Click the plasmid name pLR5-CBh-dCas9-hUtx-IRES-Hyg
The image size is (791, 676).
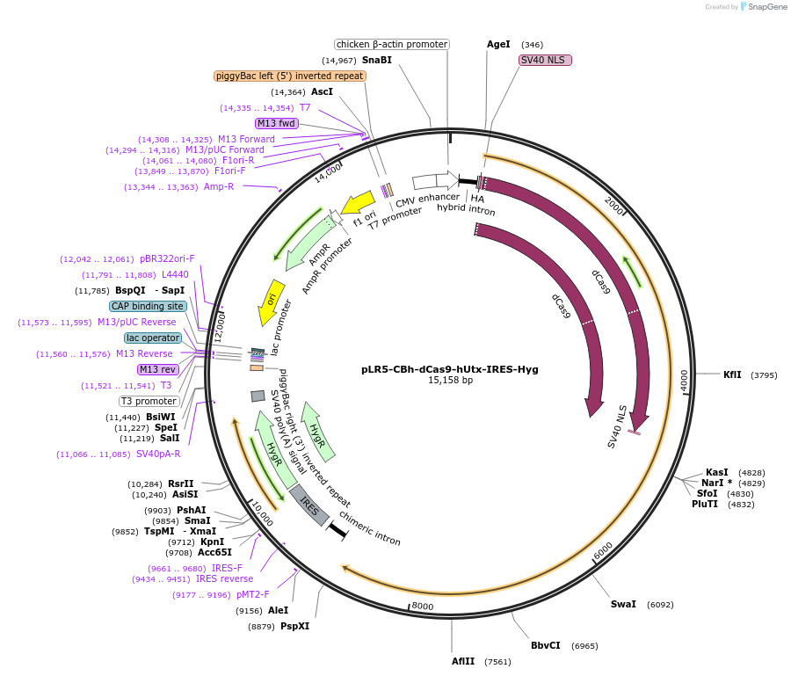450,369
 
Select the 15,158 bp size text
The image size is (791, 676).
450,381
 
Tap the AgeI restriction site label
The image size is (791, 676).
498,44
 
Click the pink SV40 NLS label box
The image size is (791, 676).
545,61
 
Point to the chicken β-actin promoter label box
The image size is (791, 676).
392,44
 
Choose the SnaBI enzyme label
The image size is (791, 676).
377,61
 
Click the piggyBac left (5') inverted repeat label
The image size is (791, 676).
289,76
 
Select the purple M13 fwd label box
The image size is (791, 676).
277,123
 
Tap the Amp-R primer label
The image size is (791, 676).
219,186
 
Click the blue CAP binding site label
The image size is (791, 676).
148,306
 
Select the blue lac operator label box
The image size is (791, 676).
153,338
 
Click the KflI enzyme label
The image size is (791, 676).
732,374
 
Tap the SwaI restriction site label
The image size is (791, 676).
623,605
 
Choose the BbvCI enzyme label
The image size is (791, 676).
545,645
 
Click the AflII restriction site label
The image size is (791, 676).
463,662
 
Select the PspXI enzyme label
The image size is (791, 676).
294,626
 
